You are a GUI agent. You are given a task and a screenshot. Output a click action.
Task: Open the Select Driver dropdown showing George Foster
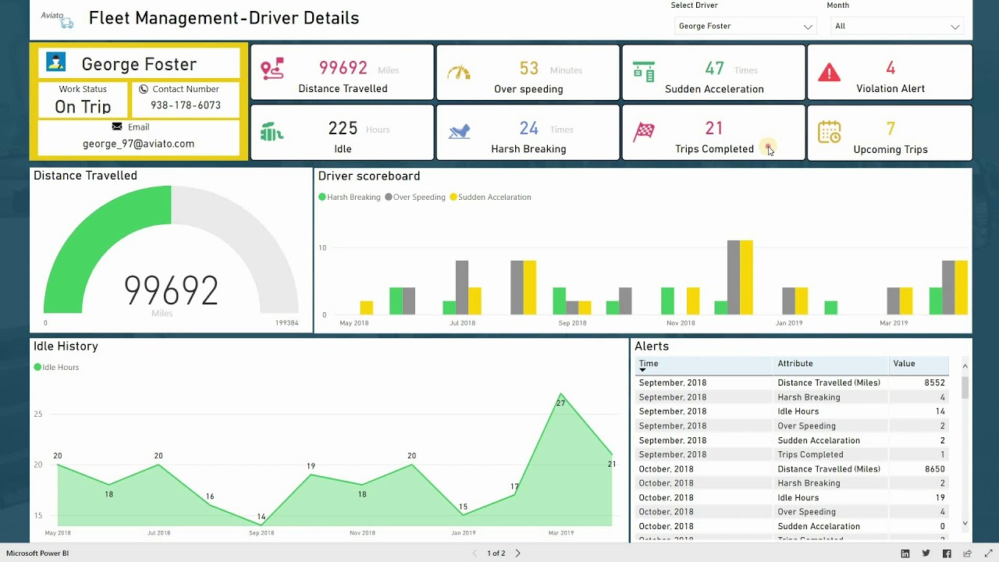(x=745, y=27)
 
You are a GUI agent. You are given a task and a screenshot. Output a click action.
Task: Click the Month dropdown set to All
(x=896, y=27)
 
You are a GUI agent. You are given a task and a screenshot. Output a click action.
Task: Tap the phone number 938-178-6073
(x=186, y=105)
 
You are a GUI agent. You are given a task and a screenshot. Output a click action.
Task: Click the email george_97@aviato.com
(x=138, y=144)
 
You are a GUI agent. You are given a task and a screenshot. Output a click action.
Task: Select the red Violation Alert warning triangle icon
(x=829, y=73)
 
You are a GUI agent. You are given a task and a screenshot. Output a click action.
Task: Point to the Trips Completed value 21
(x=713, y=128)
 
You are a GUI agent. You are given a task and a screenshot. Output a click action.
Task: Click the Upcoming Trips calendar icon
(x=829, y=133)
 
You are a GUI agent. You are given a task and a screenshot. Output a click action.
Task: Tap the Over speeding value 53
(x=528, y=69)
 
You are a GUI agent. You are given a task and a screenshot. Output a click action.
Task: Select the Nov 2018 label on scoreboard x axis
(x=681, y=323)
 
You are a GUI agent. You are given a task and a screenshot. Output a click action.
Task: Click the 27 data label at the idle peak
(x=560, y=404)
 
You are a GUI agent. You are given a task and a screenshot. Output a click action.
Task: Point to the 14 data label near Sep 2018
(x=261, y=517)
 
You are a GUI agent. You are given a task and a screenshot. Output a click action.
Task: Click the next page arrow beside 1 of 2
(x=517, y=553)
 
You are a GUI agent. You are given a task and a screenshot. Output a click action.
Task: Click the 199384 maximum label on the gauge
(x=286, y=323)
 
